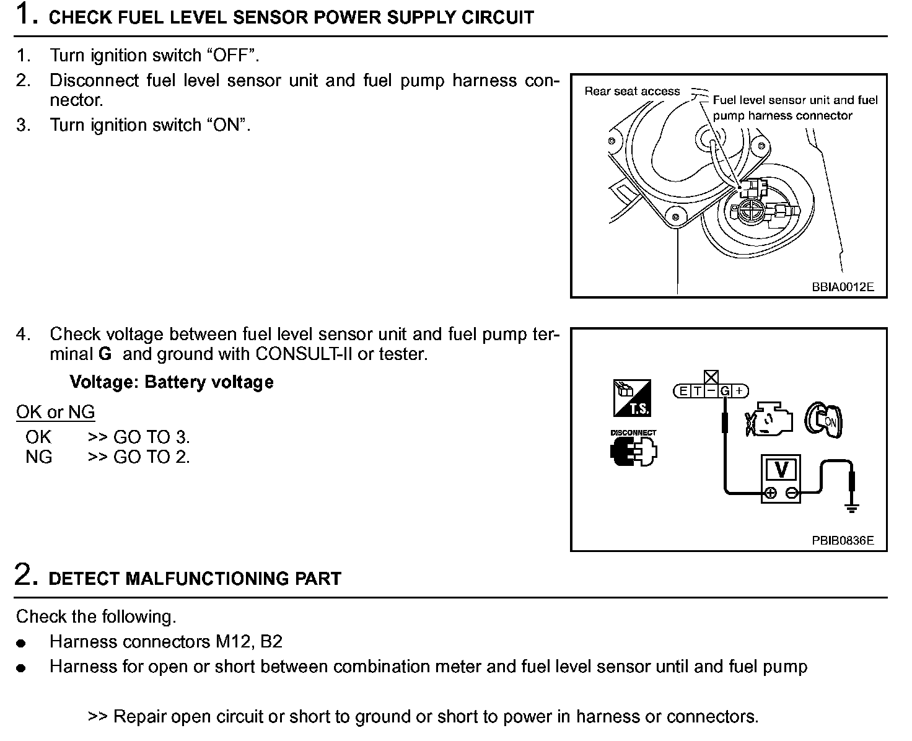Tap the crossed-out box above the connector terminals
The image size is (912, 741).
pyautogui.click(x=711, y=377)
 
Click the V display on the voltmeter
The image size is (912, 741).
pyautogui.click(x=781, y=470)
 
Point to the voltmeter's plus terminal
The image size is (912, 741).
pyautogui.click(x=770, y=494)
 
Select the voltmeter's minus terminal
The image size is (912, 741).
pyautogui.click(x=791, y=494)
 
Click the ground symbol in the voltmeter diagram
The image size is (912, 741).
pyautogui.click(x=853, y=509)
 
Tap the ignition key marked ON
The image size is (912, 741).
pyautogui.click(x=824, y=421)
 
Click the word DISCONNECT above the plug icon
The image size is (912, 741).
pyautogui.click(x=633, y=432)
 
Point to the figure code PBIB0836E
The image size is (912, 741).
pyautogui.click(x=843, y=540)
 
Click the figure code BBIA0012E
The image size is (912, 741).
pyautogui.click(x=843, y=287)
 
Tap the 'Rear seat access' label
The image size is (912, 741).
pyautogui.click(x=632, y=92)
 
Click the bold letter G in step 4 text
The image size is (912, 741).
pyautogui.click(x=105, y=354)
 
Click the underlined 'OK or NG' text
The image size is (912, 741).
pyautogui.click(x=55, y=412)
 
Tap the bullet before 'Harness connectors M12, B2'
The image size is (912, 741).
pyautogui.click(x=22, y=644)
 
